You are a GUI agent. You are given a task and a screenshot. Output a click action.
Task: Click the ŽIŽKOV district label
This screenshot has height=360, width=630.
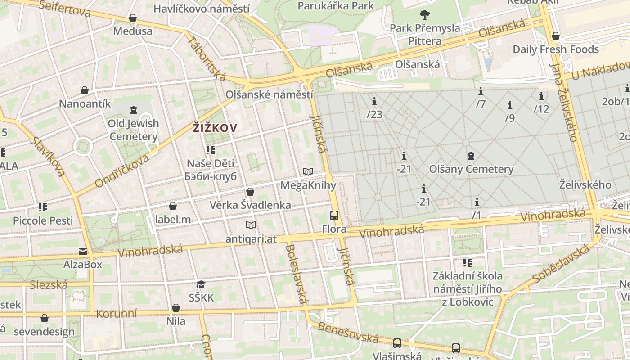215,128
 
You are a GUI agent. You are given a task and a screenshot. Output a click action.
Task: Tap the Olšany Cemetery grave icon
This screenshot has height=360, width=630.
471,156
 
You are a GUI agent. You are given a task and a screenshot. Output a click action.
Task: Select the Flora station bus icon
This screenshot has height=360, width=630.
334,216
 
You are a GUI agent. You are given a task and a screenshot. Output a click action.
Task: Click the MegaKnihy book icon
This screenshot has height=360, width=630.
308,171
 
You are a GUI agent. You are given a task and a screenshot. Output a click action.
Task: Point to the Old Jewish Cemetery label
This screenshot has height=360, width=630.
133,130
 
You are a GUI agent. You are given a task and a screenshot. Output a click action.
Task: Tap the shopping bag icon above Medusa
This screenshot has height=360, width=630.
133,18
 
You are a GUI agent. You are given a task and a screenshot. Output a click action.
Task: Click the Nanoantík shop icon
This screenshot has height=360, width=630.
85,90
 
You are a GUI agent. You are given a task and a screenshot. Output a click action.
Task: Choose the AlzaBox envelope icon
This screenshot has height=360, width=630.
83,251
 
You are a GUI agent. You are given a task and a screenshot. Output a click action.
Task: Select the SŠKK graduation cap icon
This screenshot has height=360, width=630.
201,284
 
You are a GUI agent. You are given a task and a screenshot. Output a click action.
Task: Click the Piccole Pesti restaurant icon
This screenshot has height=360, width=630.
43,207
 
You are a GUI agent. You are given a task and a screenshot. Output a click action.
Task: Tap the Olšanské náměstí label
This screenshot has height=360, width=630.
269,95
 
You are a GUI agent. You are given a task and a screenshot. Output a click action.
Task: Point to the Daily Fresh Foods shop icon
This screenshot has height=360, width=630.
556,36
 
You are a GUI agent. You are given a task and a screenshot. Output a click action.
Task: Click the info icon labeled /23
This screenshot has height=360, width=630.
374,101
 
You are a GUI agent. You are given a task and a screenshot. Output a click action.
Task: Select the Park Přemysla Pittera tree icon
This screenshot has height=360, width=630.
424,15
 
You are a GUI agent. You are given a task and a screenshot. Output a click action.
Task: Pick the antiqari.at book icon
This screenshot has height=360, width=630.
251,225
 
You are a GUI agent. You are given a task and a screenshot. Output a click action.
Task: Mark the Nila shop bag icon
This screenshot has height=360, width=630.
176,308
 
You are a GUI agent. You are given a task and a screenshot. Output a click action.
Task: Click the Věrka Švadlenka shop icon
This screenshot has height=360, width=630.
250,192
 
